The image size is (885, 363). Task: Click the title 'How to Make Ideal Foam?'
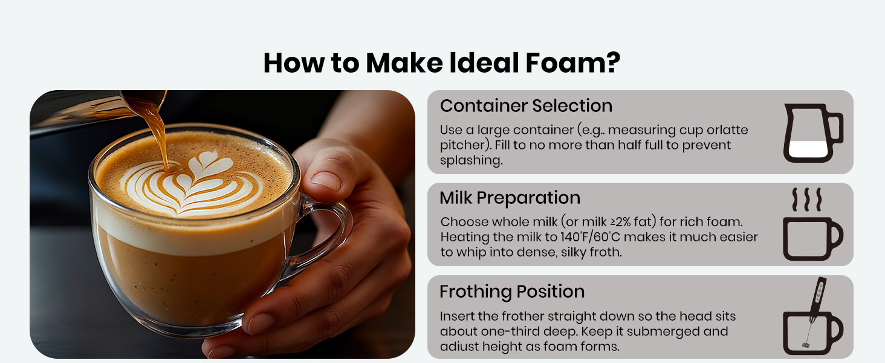point(442,63)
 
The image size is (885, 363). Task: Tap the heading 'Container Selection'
point(526,106)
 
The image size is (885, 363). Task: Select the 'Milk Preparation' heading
point(510,198)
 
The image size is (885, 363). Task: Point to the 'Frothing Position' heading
point(512,292)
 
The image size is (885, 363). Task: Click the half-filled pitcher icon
point(812,133)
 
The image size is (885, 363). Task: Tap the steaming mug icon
point(812,224)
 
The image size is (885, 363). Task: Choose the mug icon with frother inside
point(812,316)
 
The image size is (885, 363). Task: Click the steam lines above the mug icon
point(807,199)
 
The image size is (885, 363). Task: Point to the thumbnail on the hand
point(326,181)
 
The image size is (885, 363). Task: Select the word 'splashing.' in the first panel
point(472,160)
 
